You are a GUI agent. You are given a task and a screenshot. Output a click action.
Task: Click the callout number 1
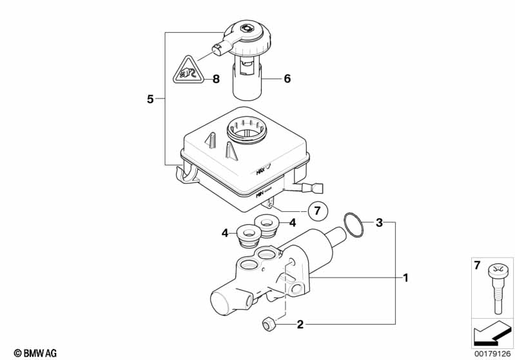pyautogui.click(x=406, y=278)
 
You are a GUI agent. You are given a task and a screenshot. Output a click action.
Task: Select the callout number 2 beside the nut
pyautogui.click(x=300, y=325)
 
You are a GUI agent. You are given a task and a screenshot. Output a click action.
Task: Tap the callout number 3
pyautogui.click(x=380, y=223)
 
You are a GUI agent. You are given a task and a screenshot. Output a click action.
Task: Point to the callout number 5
pyautogui.click(x=150, y=99)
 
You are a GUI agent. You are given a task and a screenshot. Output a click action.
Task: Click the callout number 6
pyautogui.click(x=287, y=79)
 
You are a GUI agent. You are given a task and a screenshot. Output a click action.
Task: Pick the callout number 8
pyautogui.click(x=216, y=79)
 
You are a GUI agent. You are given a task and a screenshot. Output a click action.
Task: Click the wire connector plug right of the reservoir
pyautogui.click(x=315, y=189)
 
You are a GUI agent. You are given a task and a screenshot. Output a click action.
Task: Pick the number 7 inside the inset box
pyautogui.click(x=478, y=265)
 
